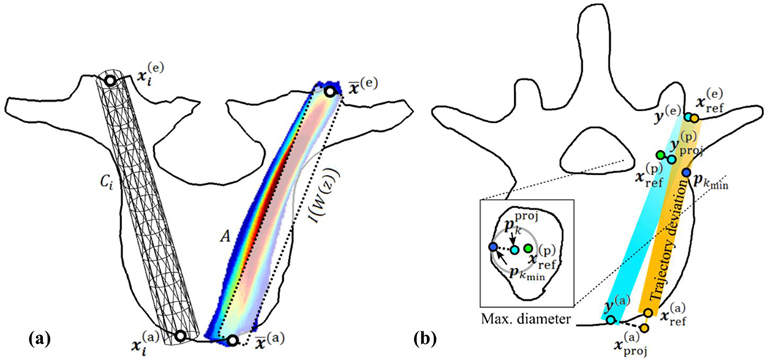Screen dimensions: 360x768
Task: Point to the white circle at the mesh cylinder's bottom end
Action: pyautogui.click(x=180, y=335)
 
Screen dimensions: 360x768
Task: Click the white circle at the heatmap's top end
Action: pyautogui.click(x=331, y=91)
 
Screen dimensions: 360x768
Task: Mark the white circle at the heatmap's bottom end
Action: pyautogui.click(x=233, y=340)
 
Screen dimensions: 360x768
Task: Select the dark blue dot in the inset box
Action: pyautogui.click(x=494, y=247)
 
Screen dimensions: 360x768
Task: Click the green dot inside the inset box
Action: pyautogui.click(x=528, y=250)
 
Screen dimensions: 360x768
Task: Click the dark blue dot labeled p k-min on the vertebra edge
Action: pyautogui.click(x=686, y=173)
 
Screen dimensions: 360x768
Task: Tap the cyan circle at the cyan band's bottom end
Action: pyautogui.click(x=611, y=320)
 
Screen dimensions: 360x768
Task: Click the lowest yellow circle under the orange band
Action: pyautogui.click(x=644, y=328)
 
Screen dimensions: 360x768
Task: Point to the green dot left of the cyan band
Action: pyautogui.click(x=660, y=155)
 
